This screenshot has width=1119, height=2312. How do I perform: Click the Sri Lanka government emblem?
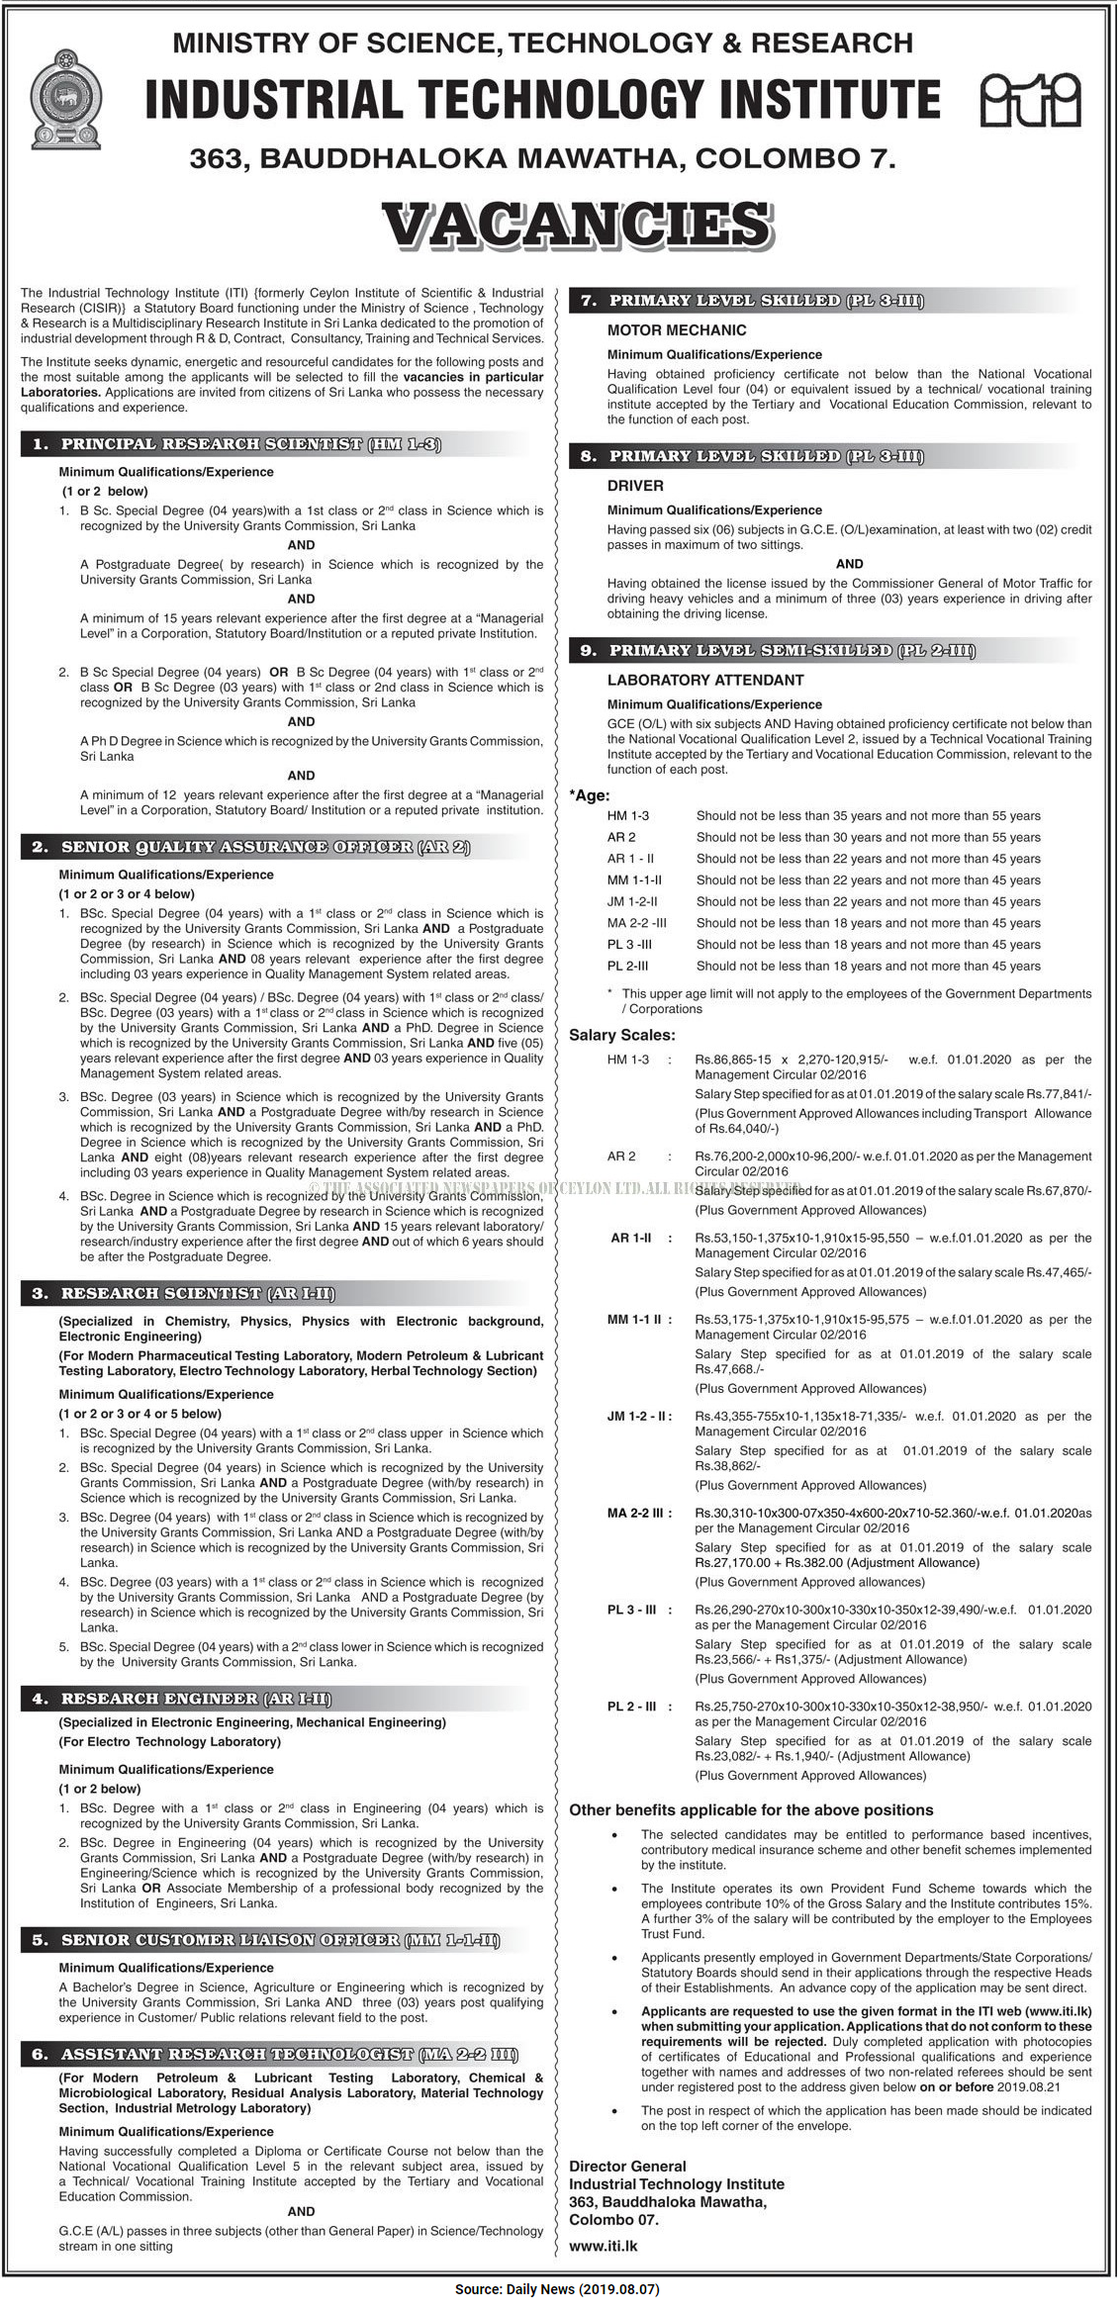tap(66, 100)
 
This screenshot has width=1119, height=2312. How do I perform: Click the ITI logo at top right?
tap(1029, 100)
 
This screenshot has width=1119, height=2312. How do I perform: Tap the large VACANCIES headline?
tap(577, 225)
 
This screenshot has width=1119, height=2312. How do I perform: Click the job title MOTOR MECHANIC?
tap(676, 330)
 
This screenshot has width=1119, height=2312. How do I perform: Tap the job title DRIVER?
tap(635, 486)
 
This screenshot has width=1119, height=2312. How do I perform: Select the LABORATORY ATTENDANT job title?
tap(704, 680)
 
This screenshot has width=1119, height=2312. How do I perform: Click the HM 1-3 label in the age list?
tap(628, 816)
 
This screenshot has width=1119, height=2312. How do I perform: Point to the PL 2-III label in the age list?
tap(628, 966)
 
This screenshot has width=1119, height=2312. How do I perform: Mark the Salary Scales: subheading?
tap(621, 1035)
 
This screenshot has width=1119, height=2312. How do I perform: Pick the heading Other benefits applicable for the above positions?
tap(751, 1810)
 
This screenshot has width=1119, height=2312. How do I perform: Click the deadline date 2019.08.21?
tap(1029, 2086)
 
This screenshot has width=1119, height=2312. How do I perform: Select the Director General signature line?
tap(627, 2166)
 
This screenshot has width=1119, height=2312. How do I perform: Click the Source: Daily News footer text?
tap(557, 2289)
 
